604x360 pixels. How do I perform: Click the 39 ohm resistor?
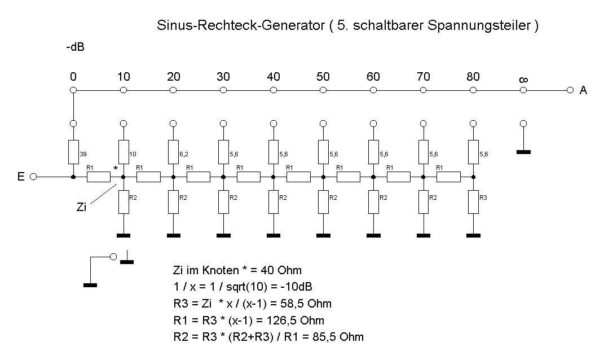click(x=73, y=152)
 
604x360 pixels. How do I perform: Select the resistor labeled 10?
click(x=124, y=152)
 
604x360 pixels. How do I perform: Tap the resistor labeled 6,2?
click(x=173, y=152)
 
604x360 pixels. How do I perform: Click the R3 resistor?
click(x=473, y=201)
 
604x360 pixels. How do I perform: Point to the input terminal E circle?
click(x=33, y=177)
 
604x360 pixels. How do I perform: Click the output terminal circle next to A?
click(x=571, y=90)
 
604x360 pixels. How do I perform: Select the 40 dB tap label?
click(x=274, y=77)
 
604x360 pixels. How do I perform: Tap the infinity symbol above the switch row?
click(x=523, y=80)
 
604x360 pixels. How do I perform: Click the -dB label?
click(x=75, y=47)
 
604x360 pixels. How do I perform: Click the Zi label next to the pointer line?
click(x=81, y=207)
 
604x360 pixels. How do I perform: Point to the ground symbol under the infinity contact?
click(x=523, y=152)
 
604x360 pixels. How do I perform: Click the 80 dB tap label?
click(x=473, y=77)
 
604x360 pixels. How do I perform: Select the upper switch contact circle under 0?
click(x=73, y=90)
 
